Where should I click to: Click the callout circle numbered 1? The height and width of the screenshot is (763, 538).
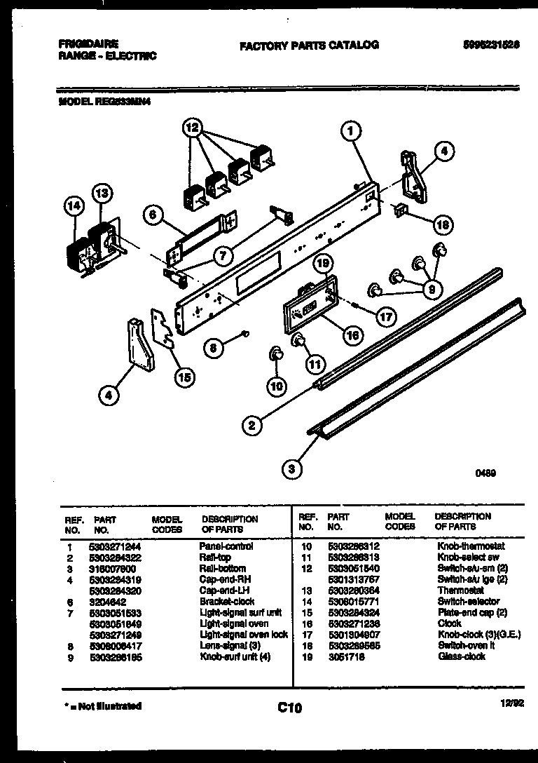352,130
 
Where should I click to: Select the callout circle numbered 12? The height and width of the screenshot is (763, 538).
192,128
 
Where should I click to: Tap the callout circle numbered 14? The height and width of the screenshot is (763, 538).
73,205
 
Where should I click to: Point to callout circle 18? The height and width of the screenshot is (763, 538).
442,225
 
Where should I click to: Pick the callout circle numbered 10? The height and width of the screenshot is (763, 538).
277,385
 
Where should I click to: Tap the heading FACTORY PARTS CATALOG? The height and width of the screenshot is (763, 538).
309,45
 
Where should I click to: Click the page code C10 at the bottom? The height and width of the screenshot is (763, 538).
289,708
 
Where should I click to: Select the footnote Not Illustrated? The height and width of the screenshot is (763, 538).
101,706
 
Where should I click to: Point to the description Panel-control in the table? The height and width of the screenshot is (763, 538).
226,546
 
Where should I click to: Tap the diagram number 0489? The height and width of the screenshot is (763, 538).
485,473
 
